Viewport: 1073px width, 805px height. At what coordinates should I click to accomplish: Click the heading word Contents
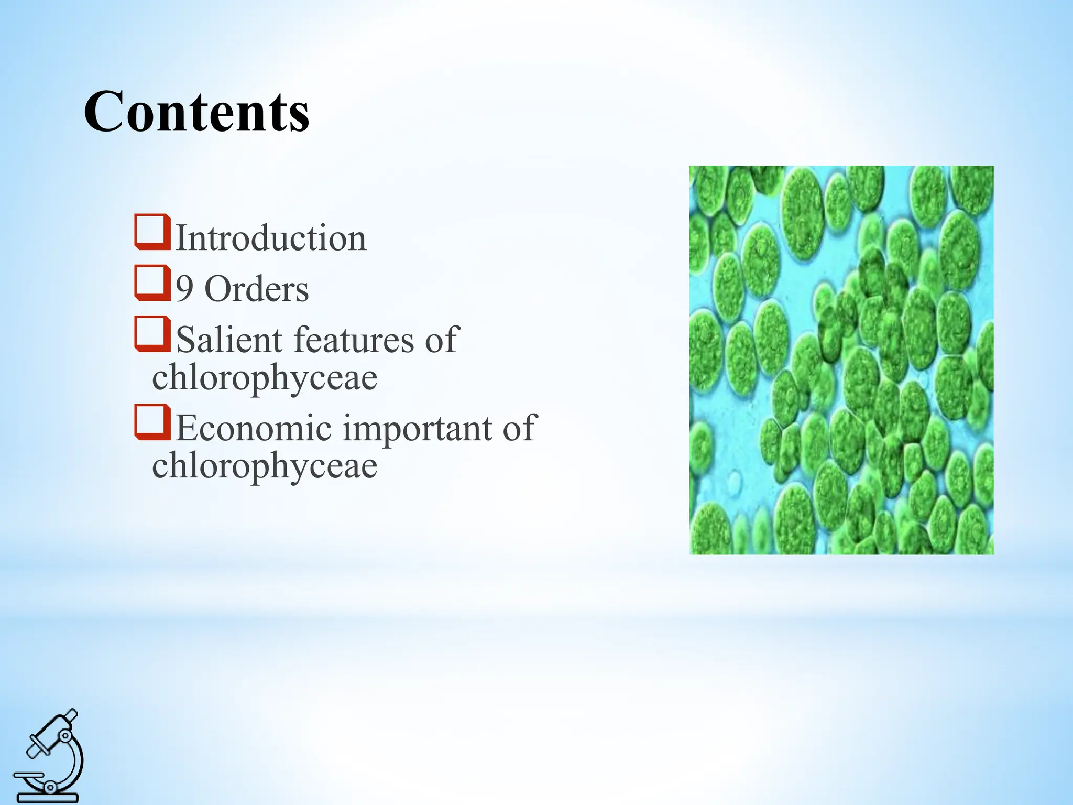click(196, 112)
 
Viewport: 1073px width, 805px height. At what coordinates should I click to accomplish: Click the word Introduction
click(271, 238)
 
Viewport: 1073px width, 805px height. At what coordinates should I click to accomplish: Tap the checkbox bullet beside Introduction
click(152, 232)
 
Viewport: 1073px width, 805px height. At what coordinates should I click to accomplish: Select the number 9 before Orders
click(184, 289)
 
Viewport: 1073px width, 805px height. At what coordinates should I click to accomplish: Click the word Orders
click(257, 289)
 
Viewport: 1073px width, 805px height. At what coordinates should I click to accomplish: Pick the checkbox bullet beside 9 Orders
click(152, 283)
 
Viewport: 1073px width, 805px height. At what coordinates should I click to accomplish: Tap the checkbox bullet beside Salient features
click(152, 334)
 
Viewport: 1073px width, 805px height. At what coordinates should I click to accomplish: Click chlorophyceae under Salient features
click(265, 377)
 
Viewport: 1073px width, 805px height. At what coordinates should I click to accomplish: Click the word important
click(417, 428)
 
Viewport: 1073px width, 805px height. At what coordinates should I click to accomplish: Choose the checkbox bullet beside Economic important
click(152, 422)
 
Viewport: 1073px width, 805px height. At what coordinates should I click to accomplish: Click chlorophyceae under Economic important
click(265, 466)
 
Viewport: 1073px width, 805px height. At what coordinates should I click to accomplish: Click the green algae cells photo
click(841, 360)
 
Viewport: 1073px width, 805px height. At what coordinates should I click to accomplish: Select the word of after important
click(519, 428)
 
